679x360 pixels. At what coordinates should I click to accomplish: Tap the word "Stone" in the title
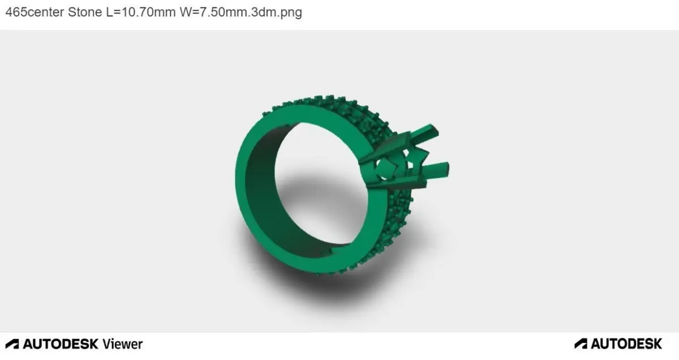coord(85,12)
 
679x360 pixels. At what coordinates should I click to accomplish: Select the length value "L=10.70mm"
coord(141,12)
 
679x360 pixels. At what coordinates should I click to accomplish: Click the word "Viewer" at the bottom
coord(122,344)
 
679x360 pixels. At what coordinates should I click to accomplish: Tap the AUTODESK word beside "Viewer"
coord(61,344)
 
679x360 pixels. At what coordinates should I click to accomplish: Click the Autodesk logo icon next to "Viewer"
coord(12,344)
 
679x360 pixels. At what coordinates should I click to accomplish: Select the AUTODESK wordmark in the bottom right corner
coord(626,344)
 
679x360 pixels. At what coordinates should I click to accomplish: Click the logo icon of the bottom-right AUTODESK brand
coord(581,344)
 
